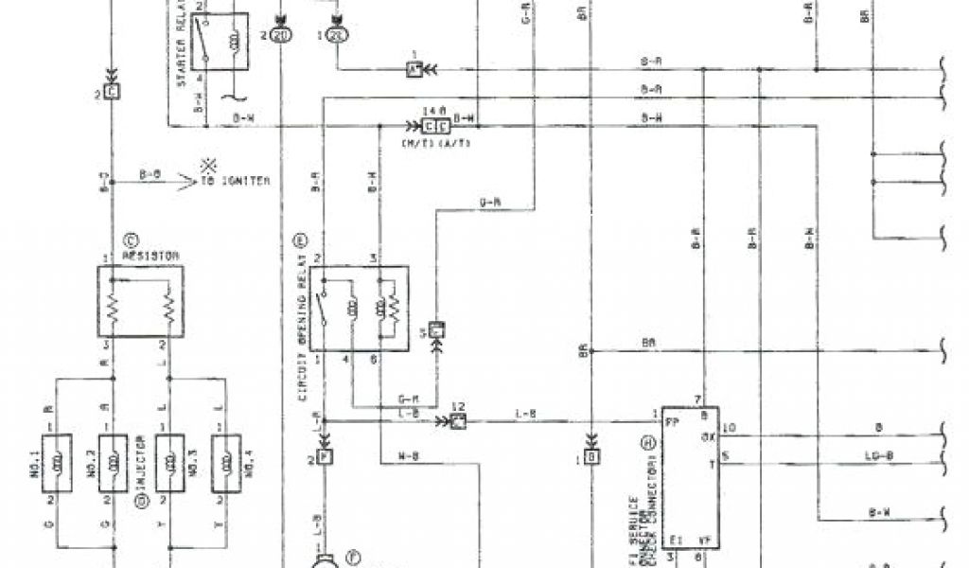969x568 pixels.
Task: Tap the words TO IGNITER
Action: pyautogui.click(x=233, y=180)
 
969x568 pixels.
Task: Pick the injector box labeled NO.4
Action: pyautogui.click(x=225, y=458)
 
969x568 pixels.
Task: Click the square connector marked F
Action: pyautogui.click(x=325, y=457)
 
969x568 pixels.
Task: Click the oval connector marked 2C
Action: pyautogui.click(x=339, y=35)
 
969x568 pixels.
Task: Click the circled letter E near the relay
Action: pyautogui.click(x=303, y=240)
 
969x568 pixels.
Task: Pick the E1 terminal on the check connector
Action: pyautogui.click(x=675, y=541)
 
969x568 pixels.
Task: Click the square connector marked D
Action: pyautogui.click(x=591, y=457)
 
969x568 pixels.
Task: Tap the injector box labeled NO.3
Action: pyautogui.click(x=170, y=458)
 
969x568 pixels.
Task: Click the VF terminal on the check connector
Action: pyautogui.click(x=705, y=541)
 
